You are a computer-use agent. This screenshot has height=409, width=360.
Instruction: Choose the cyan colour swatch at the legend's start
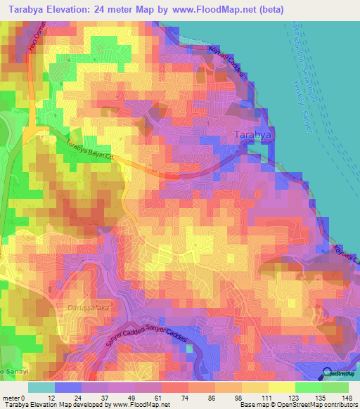pos(41,387)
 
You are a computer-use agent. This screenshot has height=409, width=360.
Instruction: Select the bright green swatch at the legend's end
pos(335,387)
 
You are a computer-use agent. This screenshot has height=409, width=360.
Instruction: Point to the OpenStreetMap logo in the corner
pos(337,374)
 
